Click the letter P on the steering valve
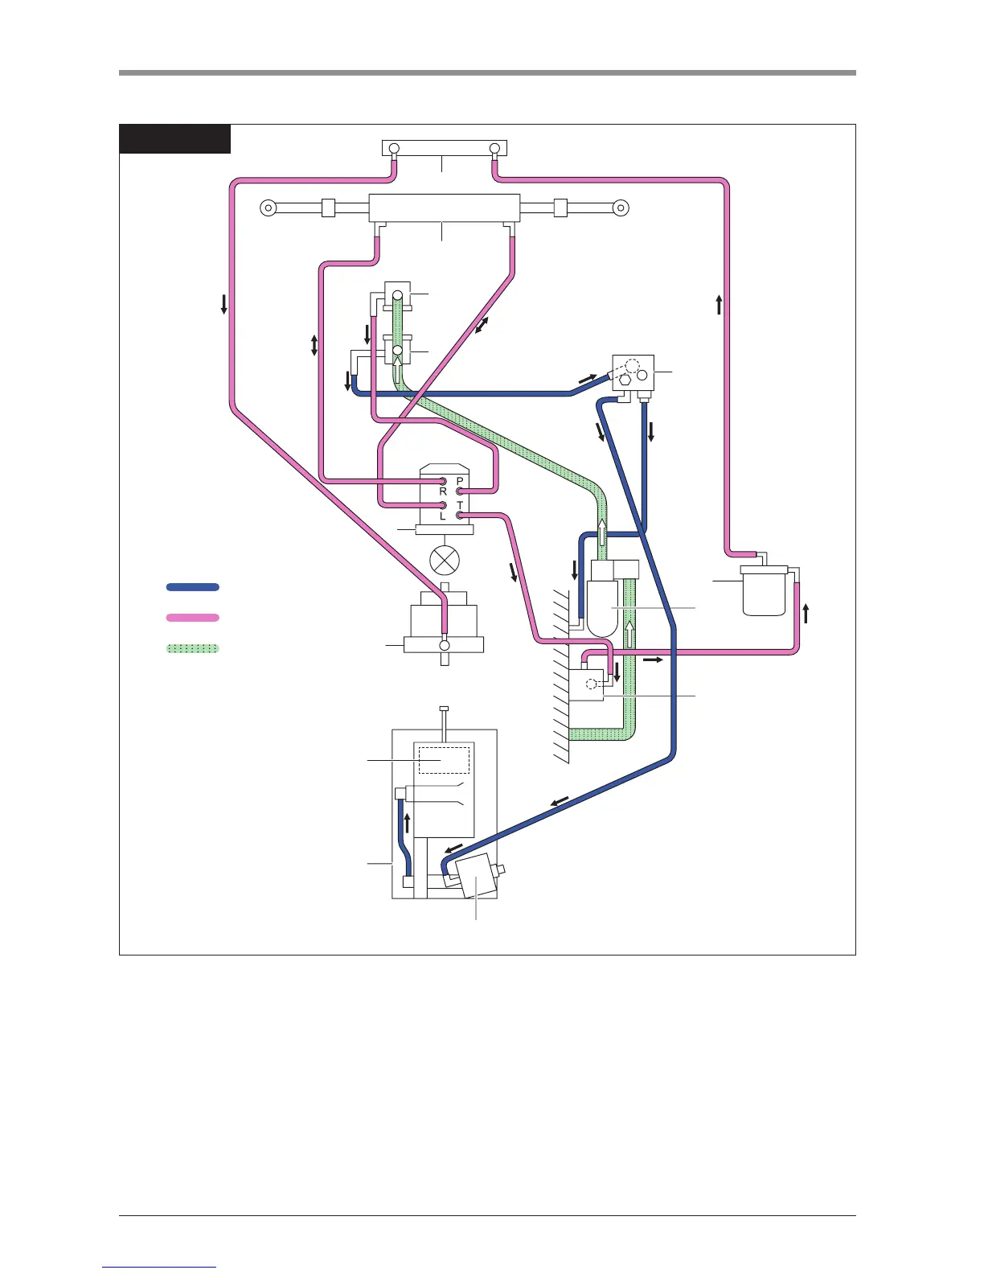[460, 481]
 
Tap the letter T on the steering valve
[460, 506]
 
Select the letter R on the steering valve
[443, 491]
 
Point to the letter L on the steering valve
[443, 516]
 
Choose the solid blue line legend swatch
[193, 587]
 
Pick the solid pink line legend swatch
[193, 618]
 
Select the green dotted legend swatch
[193, 648]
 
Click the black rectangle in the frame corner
[175, 138]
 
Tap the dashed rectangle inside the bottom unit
[444, 760]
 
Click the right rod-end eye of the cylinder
[620, 208]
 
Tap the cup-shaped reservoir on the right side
[763, 592]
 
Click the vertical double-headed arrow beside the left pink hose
[314, 346]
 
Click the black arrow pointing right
[652, 660]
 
